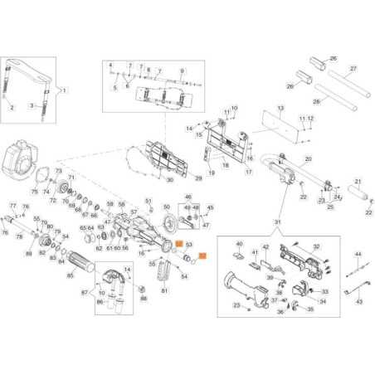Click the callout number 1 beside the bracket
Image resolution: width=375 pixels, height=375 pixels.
point(66,89)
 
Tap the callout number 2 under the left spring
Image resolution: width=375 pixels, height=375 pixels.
point(12,108)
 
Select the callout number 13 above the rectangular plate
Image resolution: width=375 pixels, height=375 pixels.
point(280,109)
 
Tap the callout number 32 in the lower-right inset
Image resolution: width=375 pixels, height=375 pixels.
point(316,246)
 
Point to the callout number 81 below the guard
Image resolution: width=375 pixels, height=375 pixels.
point(164,291)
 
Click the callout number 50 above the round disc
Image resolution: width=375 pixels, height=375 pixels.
point(167,207)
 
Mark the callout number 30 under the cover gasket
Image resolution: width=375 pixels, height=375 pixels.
point(169,180)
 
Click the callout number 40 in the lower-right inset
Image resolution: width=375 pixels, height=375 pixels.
point(238,244)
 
